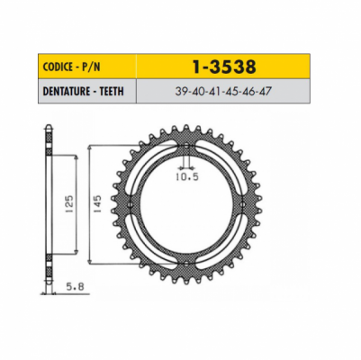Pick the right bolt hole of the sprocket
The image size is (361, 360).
click(244, 203)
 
